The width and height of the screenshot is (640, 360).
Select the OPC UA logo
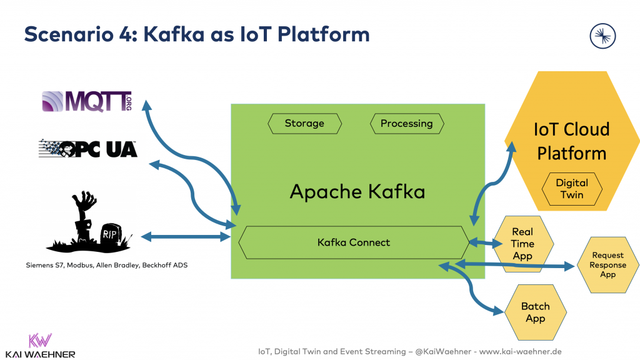click(87, 148)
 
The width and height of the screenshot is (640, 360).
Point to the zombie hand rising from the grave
click(84, 212)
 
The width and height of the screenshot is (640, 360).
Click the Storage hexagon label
click(304, 124)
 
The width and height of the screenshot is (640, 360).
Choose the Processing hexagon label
click(406, 124)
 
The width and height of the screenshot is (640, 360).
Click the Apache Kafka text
click(357, 191)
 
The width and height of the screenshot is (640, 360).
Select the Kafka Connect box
click(353, 242)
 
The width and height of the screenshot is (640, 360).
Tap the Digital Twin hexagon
click(571, 188)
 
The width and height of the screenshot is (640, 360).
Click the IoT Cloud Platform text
click(571, 141)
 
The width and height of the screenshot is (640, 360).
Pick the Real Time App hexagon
click(522, 244)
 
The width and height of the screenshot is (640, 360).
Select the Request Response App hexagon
click(607, 264)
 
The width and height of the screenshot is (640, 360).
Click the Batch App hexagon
click(535, 312)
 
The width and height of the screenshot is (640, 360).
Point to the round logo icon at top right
click(602, 35)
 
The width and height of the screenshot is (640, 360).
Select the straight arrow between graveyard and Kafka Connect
click(186, 236)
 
